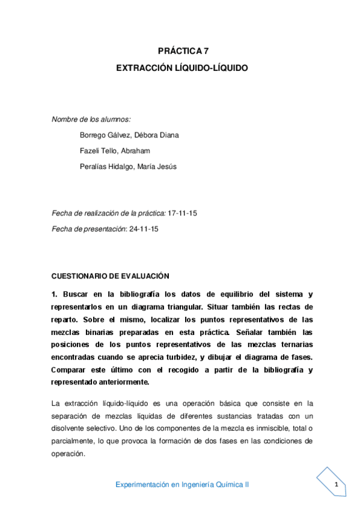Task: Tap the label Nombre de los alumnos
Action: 91,119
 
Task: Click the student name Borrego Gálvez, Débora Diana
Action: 129,135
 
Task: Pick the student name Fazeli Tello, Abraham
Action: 115,150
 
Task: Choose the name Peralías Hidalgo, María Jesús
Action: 128,166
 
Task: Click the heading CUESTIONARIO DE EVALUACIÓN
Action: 111,276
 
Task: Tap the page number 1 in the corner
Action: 337,485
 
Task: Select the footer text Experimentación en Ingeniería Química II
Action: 182,484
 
